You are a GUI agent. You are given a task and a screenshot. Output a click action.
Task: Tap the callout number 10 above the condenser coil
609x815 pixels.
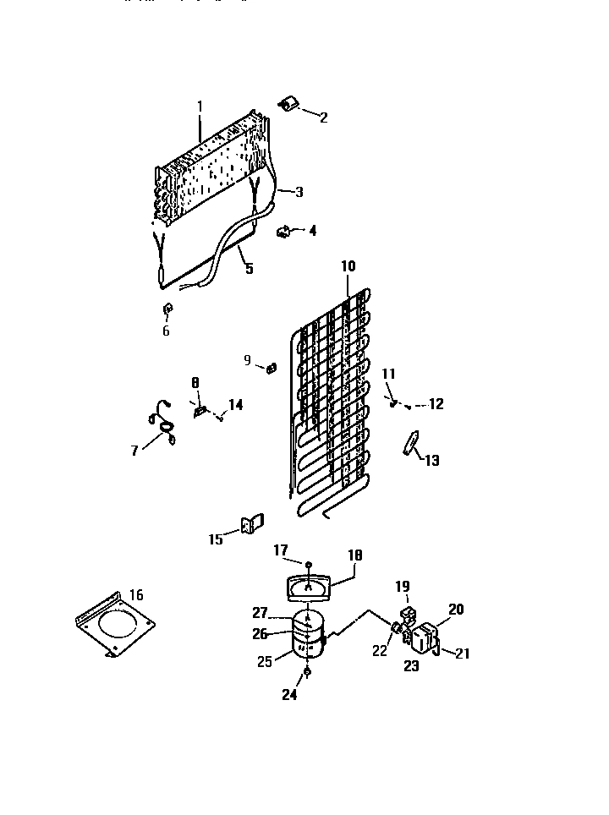pyautogui.click(x=348, y=266)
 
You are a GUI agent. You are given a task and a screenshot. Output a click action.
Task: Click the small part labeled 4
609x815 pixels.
pyautogui.click(x=284, y=228)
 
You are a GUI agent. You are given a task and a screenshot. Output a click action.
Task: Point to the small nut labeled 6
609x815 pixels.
pyautogui.click(x=167, y=307)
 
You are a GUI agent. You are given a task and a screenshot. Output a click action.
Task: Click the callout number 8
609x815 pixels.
pyautogui.click(x=195, y=382)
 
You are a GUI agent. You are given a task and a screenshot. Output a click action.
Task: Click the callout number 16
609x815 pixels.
pyautogui.click(x=136, y=595)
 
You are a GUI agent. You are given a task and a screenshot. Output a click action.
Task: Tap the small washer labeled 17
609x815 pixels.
pyautogui.click(x=309, y=564)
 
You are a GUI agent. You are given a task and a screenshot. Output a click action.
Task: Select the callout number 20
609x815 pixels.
pyautogui.click(x=456, y=609)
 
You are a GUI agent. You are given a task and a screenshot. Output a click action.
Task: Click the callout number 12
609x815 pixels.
pyautogui.click(x=436, y=404)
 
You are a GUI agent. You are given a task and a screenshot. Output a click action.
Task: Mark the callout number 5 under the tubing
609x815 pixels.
pyautogui.click(x=249, y=269)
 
